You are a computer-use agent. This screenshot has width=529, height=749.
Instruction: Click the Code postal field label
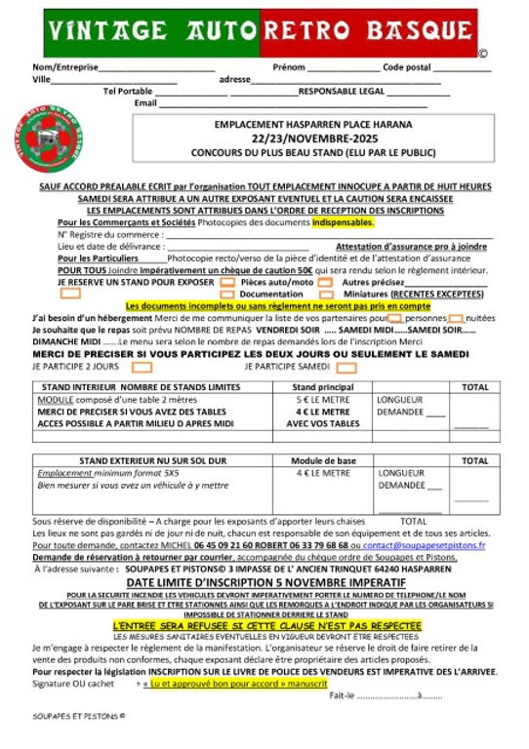[406, 67]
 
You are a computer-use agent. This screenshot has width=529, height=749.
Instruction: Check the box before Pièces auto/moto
[226, 282]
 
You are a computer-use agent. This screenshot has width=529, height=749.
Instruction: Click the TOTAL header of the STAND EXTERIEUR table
[474, 460]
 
